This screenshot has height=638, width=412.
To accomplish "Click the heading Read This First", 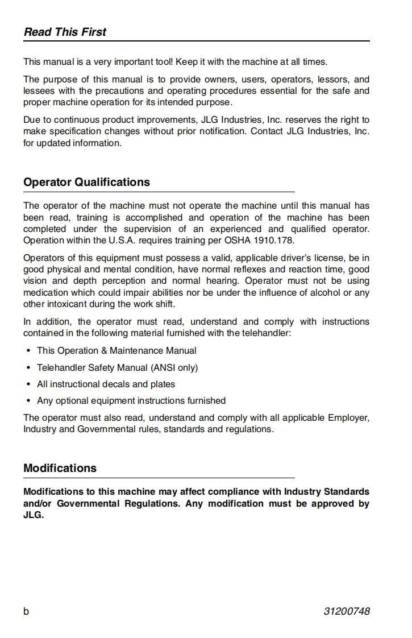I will point(65,32).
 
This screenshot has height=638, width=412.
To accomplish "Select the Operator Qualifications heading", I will point(86,183).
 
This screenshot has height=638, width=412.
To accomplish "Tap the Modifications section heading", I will point(60,469).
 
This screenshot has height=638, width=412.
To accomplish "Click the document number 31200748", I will point(347,611).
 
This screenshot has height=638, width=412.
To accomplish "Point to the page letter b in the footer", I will point(26,611).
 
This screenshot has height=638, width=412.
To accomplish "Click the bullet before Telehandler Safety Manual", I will point(28,368).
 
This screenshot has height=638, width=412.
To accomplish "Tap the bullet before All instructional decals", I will point(28,384).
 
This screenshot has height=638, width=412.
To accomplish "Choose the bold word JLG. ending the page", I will point(34,516).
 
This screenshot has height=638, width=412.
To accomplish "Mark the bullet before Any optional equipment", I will point(28,401).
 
